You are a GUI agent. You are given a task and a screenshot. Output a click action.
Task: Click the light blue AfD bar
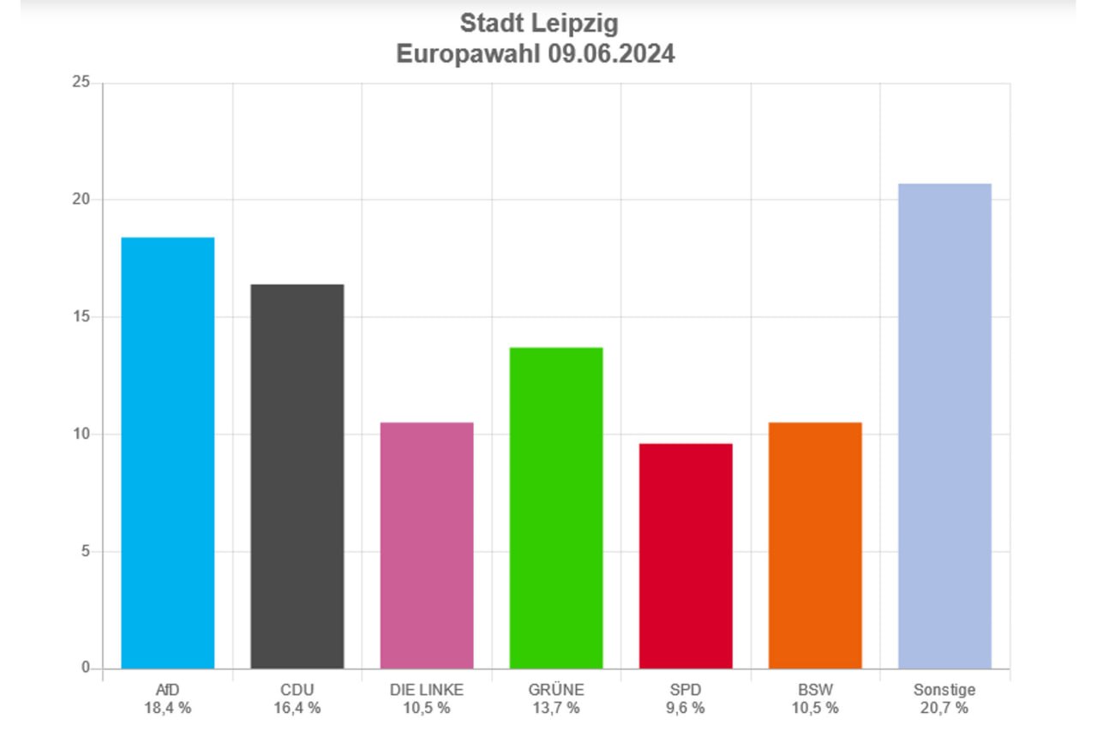(168, 452)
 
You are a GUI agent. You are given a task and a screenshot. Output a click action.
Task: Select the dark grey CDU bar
(297, 476)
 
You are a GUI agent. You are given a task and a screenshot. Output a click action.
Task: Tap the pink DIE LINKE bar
(427, 545)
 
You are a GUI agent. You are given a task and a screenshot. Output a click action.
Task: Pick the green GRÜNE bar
(556, 507)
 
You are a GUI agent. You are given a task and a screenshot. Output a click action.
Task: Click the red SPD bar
(686, 555)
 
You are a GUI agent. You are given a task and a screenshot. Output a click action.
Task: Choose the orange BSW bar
(815, 545)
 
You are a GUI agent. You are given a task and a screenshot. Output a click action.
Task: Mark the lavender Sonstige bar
(944, 426)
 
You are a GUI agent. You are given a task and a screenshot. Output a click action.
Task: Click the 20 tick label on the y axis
(81, 200)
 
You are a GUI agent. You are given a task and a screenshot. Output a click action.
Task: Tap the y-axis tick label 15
(81, 317)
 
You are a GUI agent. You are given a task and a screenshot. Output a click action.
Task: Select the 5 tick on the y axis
(85, 551)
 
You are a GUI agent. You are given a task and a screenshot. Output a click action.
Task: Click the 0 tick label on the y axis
(86, 668)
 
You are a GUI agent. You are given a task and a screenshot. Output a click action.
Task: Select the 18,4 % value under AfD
(168, 708)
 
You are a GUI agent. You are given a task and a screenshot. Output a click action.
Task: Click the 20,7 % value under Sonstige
(944, 708)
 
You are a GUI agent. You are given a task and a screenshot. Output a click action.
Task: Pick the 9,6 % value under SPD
(686, 708)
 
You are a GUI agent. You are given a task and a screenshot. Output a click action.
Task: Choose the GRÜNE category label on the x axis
(556, 690)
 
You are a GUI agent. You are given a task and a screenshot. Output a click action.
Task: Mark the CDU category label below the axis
(297, 690)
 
